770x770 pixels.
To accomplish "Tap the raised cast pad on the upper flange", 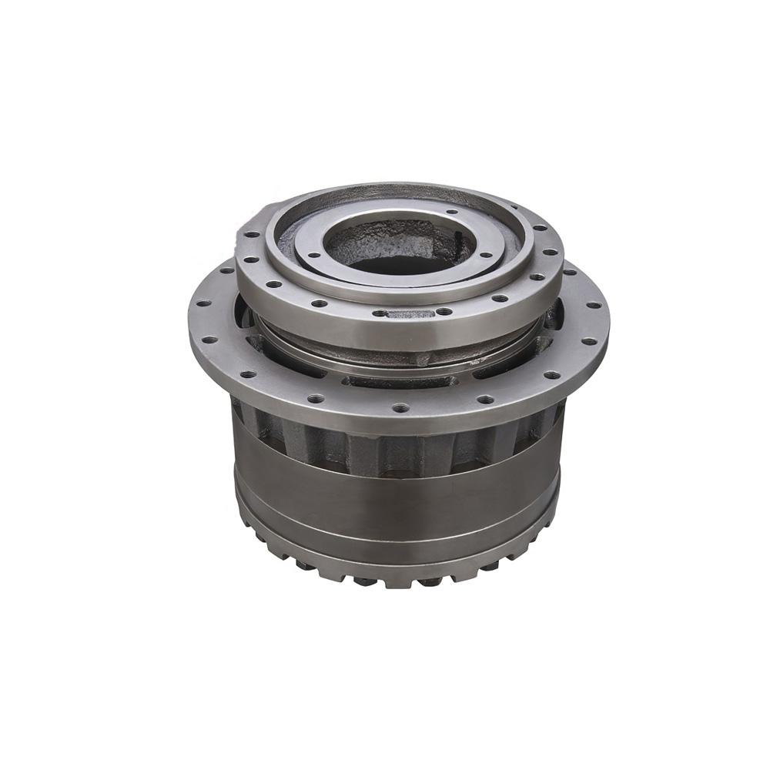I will (410, 314).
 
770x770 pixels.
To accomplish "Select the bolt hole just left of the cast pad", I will (379, 313).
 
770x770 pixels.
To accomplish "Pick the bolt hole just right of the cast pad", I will (444, 312).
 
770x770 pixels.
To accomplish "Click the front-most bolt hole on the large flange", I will (400, 407).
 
